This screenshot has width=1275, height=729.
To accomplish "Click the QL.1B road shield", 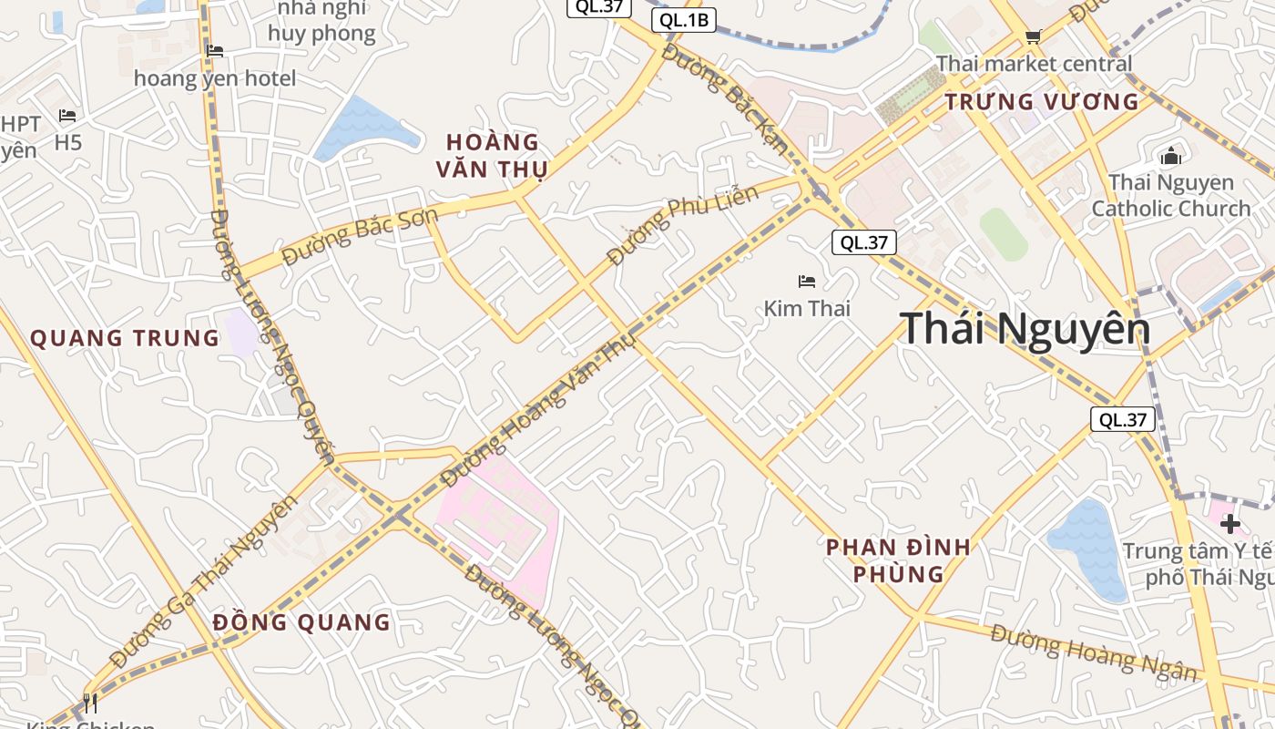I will [684, 20].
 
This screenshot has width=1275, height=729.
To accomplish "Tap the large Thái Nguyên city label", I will [1025, 328].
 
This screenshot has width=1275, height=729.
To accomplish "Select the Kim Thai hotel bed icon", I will [807, 282].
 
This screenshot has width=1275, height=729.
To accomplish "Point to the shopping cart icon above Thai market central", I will [1033, 37].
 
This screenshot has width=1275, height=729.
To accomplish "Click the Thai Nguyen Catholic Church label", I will [1171, 195].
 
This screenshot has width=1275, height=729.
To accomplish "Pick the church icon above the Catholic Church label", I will [1171, 157].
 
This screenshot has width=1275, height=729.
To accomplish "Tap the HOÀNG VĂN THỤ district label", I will [493, 156].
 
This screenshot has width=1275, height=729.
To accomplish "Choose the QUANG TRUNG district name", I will [125, 338].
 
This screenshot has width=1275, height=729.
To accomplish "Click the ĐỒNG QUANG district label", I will [301, 622].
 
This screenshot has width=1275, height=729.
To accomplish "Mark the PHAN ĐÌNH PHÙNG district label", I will [898, 560].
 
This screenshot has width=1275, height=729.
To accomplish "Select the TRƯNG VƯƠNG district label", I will [1042, 101].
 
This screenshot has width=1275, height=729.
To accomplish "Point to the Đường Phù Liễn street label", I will [683, 224].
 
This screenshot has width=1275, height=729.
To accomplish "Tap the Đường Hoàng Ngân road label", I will [1094, 652].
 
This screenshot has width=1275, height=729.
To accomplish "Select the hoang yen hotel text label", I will [215, 78].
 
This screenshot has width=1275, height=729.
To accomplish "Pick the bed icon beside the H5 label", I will [67, 116].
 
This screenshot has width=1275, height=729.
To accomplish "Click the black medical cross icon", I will [1230, 524].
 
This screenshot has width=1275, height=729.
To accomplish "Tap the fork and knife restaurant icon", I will [89, 703].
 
